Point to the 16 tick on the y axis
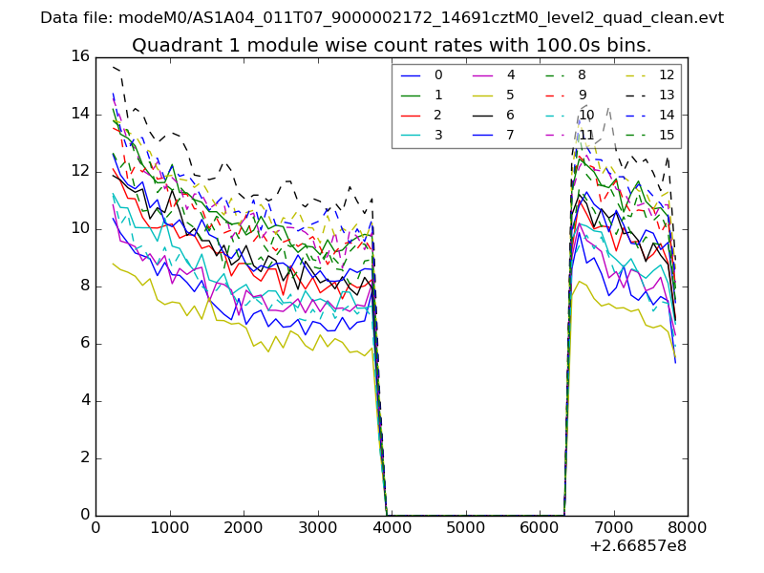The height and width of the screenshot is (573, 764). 79,56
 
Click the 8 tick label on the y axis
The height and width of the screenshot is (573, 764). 84,286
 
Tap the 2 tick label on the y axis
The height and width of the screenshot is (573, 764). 84,457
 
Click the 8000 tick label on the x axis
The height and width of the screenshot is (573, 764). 687,526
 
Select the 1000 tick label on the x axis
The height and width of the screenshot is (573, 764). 169,526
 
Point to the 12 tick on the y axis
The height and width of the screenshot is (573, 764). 79,171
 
